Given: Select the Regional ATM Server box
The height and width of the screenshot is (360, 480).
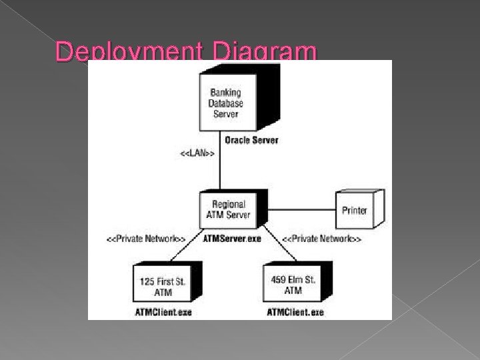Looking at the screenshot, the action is pos(228,209).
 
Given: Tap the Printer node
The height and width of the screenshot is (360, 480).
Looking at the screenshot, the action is pos(355,210).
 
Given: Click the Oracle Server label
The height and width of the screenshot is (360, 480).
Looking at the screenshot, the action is pos(251,140).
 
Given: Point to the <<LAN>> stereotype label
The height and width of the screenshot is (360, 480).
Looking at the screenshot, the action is pos(197,154).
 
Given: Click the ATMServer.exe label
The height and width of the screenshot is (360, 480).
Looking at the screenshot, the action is pos(233,239).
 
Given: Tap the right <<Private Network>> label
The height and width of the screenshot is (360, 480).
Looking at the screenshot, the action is pos(322,239).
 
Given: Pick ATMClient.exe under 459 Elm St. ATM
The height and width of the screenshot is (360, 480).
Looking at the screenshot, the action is pos(295,311).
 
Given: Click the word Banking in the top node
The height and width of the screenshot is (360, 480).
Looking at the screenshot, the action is pos(225,92).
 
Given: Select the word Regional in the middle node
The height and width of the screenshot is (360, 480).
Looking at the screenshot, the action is pos(229,204).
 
